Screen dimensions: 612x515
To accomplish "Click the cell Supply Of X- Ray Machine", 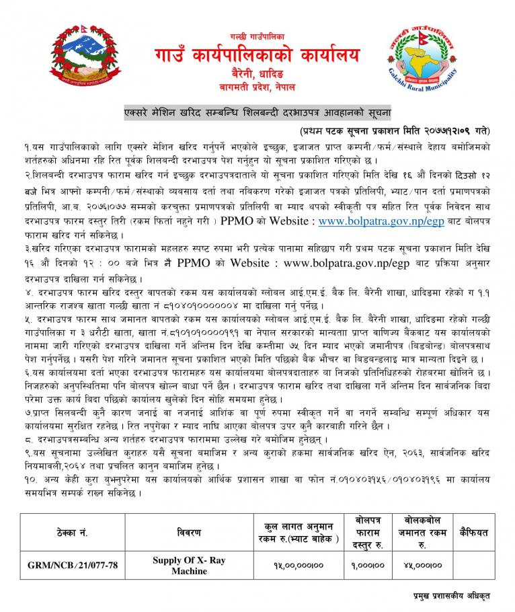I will [189, 566].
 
